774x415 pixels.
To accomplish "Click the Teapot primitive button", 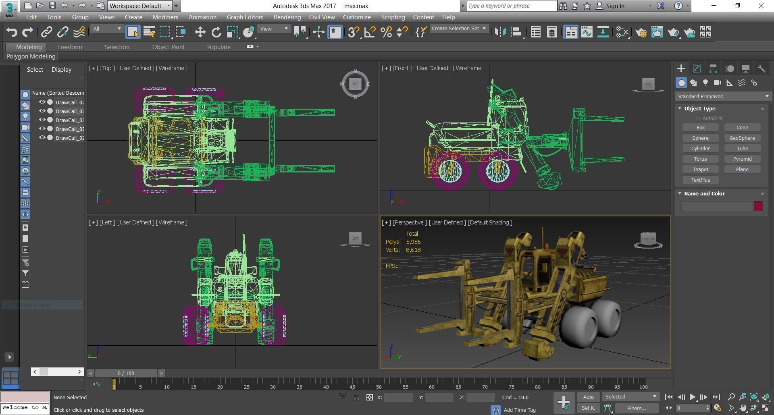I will point(700,169).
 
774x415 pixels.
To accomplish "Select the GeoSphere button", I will point(742,138).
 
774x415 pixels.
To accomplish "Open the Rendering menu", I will point(287,17).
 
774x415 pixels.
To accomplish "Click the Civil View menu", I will point(322,17).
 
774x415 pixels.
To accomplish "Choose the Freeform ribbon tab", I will point(70,47).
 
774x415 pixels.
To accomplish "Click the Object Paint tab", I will point(168,47).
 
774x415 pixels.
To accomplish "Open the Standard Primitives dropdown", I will point(723,96).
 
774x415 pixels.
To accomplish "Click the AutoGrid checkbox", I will point(698,118).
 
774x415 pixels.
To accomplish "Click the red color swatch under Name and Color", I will point(758,206).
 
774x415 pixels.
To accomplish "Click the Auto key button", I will point(588,397).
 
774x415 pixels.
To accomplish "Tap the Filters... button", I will point(637,408).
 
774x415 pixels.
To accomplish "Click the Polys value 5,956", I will point(413,242).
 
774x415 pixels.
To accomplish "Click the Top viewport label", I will point(106,68).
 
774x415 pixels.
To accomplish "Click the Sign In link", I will point(615,6).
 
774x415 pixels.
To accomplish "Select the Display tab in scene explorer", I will point(61,69).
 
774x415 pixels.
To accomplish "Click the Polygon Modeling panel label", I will point(31,56).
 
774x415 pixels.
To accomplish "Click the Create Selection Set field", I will point(455,29).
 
